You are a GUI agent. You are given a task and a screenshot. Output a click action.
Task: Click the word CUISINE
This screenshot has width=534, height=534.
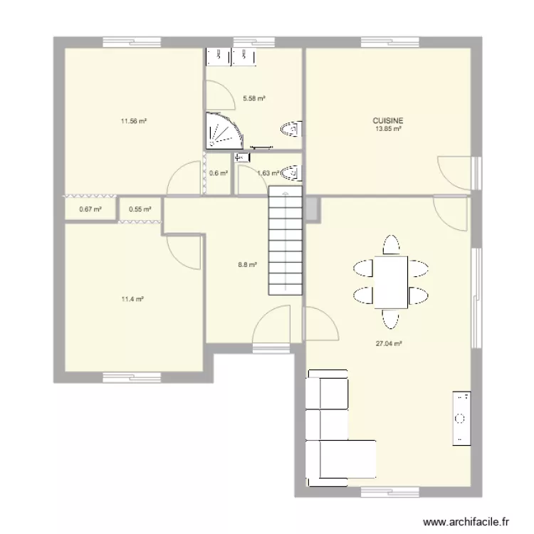click(388, 122)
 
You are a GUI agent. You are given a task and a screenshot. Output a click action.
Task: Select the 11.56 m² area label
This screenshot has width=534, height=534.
click(133, 121)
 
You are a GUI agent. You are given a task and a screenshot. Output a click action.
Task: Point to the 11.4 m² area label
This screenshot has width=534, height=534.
click(132, 299)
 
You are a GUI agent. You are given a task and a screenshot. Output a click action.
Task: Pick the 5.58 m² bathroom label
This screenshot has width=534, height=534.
click(254, 99)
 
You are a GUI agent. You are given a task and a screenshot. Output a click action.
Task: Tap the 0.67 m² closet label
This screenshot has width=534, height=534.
click(90, 209)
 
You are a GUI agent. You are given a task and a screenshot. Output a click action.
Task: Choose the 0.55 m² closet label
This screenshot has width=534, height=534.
click(139, 209)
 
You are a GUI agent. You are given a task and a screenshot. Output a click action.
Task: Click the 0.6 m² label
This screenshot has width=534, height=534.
click(219, 173)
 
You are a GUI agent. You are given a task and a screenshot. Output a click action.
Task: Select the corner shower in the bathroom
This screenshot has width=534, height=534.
click(223, 130)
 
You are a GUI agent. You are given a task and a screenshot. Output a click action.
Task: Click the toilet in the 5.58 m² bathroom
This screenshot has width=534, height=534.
click(291, 129)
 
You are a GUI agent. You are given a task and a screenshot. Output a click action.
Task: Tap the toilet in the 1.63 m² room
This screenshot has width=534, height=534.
click(290, 172)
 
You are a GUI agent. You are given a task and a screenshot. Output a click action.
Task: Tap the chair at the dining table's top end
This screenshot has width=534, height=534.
click(391, 246)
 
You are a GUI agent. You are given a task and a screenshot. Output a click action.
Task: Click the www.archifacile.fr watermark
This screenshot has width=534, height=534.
click(466, 522)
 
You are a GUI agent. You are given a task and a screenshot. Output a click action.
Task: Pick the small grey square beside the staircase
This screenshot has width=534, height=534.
click(311, 208)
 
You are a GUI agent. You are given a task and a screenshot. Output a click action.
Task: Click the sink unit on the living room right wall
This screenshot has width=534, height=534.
click(461, 419)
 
